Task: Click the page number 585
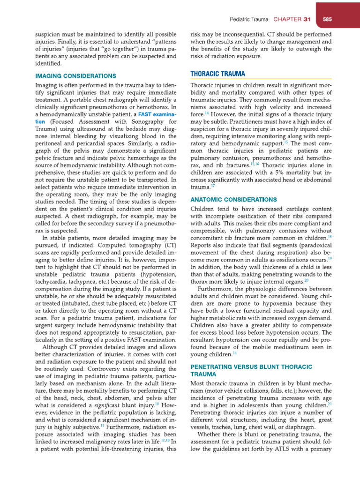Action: tap(327, 20)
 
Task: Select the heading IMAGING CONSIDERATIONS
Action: tap(75, 75)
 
